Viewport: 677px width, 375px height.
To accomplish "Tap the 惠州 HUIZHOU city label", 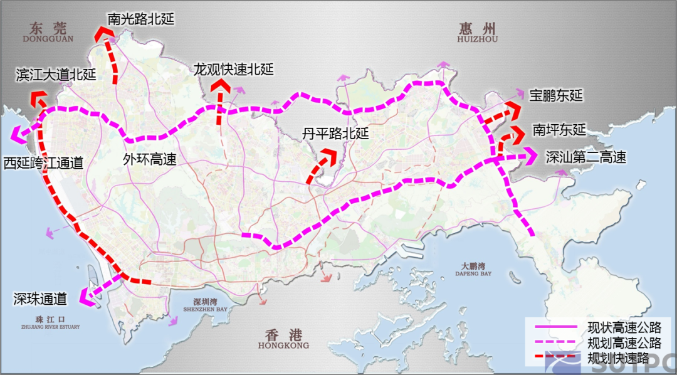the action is pos(477,33).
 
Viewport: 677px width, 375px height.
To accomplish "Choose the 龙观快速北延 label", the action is pos(234,70).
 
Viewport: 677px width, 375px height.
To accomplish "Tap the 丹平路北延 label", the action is pos(335,134).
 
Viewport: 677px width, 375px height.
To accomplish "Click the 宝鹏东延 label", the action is pos(556,96).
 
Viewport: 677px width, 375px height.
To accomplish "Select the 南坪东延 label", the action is pos(559,130).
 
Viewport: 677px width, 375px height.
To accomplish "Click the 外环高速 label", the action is pos(149,159).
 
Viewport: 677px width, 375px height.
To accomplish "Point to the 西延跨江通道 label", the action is pos(43,164).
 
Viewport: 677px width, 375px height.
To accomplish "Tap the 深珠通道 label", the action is pos(40,298).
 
